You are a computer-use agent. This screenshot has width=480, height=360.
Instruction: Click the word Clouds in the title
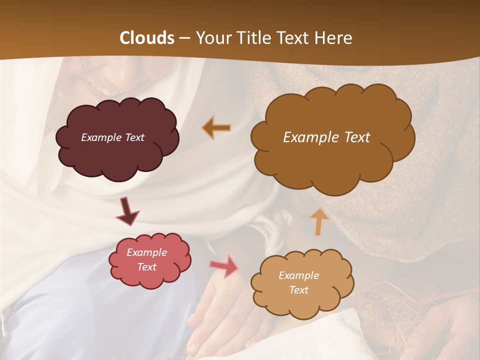tap(147, 38)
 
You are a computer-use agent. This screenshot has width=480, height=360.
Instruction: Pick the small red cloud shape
tap(150, 277)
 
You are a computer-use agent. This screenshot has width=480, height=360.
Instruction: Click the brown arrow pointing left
tap(217, 128)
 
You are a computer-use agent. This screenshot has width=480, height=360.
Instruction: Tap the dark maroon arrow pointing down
tap(127, 211)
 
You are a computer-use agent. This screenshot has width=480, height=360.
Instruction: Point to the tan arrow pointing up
tap(319, 221)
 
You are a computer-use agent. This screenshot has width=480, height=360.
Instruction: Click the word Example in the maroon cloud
tap(100, 137)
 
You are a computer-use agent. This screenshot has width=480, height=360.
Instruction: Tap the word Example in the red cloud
tap(146, 252)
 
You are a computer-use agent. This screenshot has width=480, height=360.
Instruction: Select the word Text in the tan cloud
tap(298, 290)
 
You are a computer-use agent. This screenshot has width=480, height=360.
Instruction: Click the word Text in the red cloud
tap(146, 267)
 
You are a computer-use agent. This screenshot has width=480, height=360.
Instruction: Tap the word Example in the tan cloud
tap(298, 275)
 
